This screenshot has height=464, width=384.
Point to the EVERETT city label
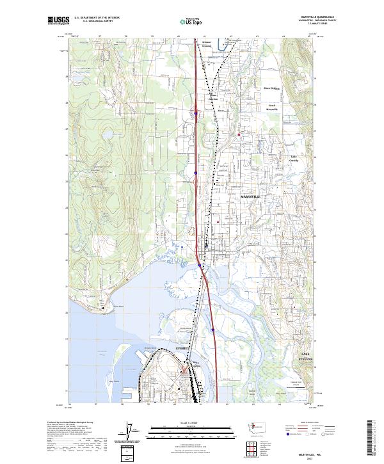(183, 348)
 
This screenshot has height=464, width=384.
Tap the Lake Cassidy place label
(294, 158)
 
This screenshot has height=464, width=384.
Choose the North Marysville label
(273, 107)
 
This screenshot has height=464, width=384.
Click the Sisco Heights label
(272, 88)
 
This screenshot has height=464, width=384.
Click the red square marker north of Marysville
(239, 134)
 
